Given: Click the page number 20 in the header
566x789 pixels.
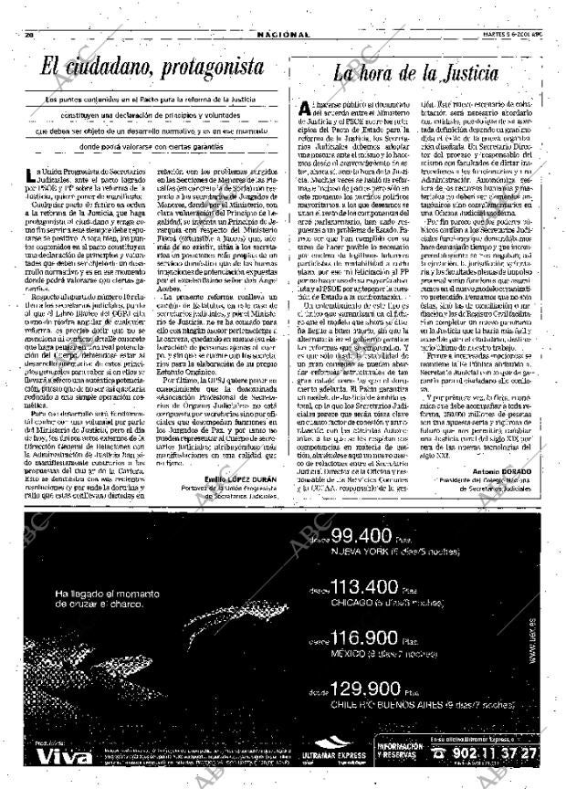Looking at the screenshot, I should pyautogui.click(x=28, y=34).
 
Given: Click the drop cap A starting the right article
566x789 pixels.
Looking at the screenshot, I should pyautogui.click(x=304, y=110).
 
